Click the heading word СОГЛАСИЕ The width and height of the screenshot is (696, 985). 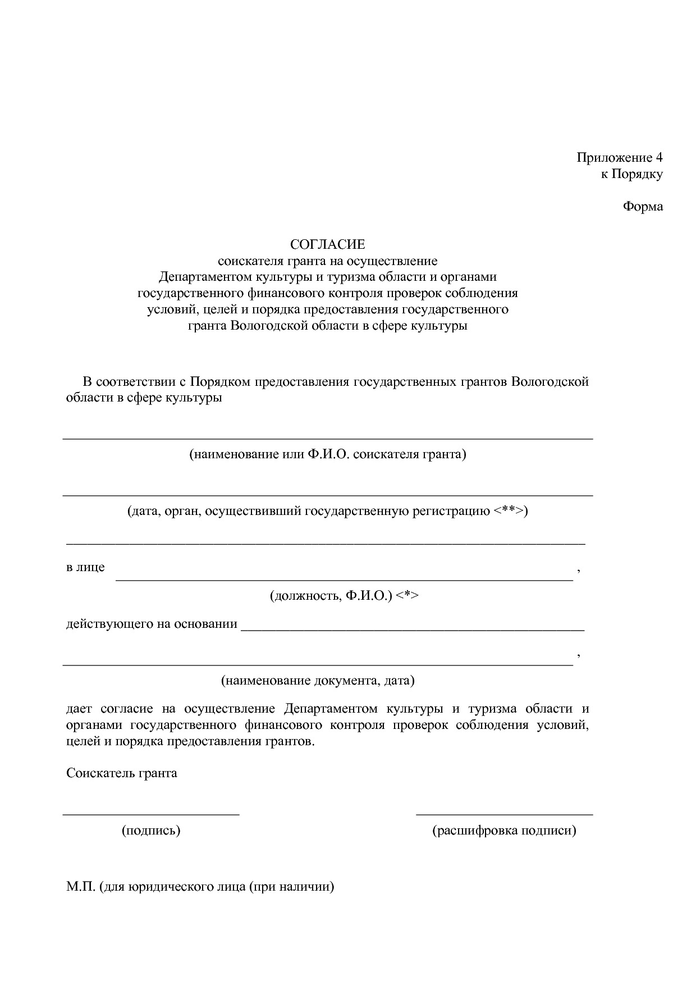pos(327,245)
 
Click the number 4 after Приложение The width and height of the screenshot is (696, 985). pos(659,157)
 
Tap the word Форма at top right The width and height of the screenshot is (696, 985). pos(643,207)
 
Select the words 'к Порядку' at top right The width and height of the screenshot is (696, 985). pos(632,174)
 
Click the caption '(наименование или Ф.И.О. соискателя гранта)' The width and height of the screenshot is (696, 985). pos(327,454)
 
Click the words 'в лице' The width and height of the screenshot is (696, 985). pos(85,567)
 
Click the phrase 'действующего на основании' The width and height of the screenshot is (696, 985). pos(152,624)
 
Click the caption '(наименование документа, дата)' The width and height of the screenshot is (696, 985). pos(318,681)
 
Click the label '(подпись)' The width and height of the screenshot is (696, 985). pos(151,831)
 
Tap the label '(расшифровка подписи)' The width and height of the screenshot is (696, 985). pos(504,831)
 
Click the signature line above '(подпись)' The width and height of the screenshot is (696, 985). pos(151,813)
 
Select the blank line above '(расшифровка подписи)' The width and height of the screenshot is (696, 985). pos(504,813)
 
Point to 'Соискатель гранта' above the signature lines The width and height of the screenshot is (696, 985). pos(122,773)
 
